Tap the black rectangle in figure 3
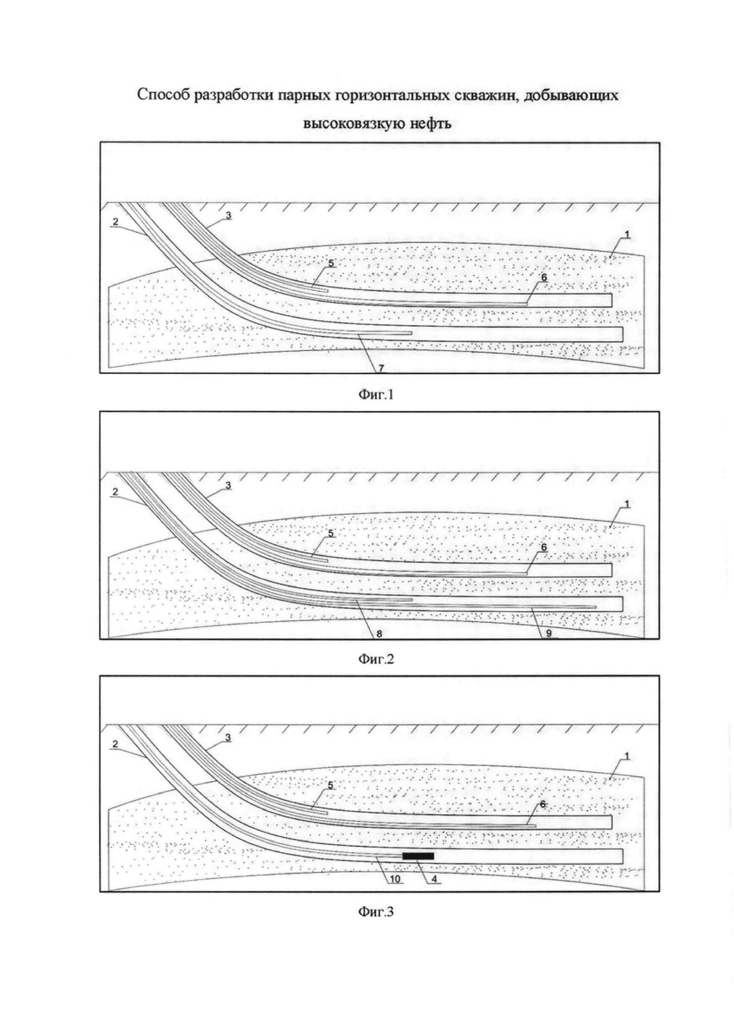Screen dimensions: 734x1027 click(418, 856)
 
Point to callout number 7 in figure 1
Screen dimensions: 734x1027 click(381, 368)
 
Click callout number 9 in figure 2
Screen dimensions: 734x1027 click(549, 633)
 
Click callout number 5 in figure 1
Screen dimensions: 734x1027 click(331, 264)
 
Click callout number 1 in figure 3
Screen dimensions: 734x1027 click(628, 755)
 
